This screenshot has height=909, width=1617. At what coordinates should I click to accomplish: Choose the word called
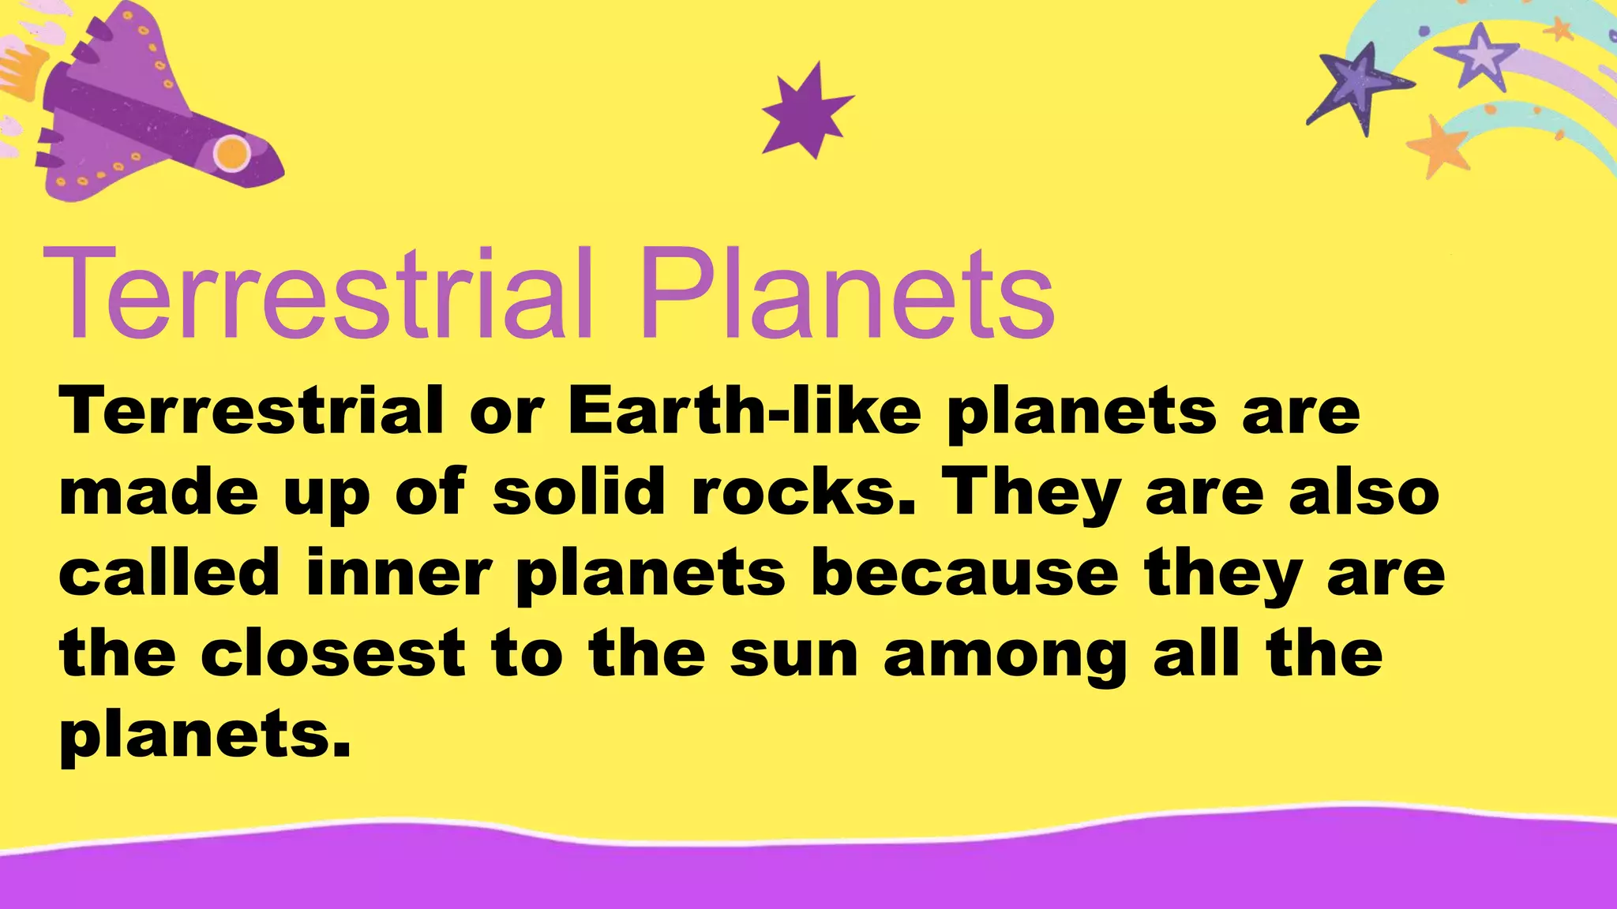[x=170, y=573]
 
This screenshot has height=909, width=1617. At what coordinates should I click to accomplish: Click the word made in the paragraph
[x=159, y=492]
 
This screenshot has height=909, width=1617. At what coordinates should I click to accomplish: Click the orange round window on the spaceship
[x=231, y=152]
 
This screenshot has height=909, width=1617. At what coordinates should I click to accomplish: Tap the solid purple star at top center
[x=805, y=111]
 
